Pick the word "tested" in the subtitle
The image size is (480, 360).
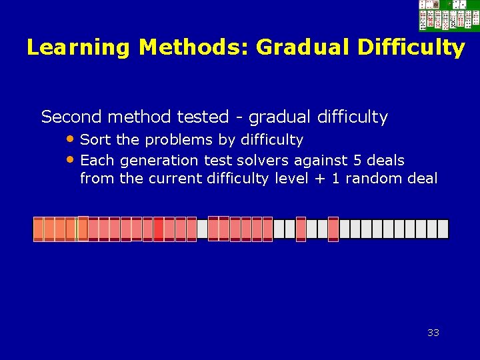203,117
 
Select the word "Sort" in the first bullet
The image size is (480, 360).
93,140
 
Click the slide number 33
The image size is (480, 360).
433,333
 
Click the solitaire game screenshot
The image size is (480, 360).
448,15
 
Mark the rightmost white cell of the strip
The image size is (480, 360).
443,229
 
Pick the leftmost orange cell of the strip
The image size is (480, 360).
39,229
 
